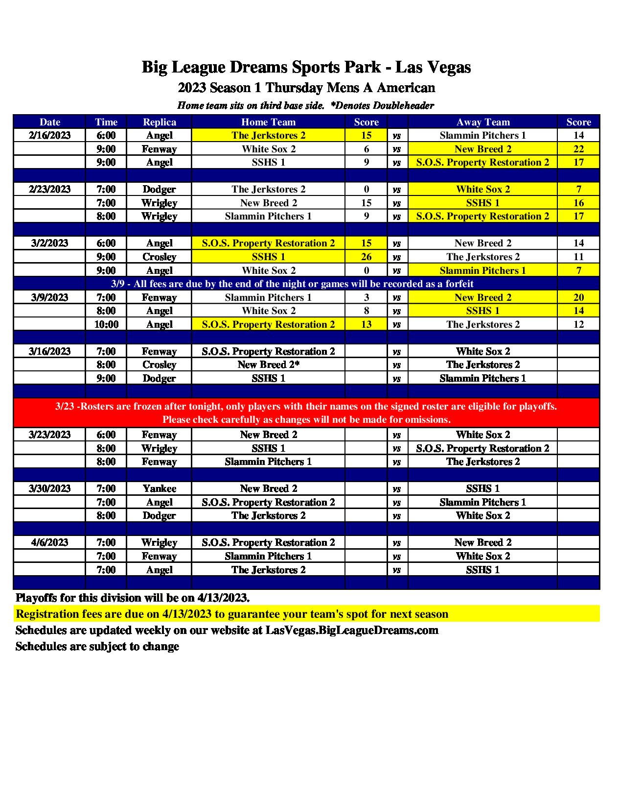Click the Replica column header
[x=159, y=122]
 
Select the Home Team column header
[x=268, y=122]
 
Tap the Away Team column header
[x=482, y=122]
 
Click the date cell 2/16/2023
[x=49, y=135]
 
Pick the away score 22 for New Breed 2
[x=578, y=149]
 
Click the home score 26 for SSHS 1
[x=366, y=257]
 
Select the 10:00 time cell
[x=106, y=324]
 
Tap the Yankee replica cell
[x=159, y=488]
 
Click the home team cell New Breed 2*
[x=268, y=365]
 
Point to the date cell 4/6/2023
[x=49, y=542]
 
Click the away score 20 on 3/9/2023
[x=578, y=297]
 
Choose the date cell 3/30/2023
[x=49, y=488]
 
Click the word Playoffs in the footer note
[x=35, y=598]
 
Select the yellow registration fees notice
[x=306, y=614]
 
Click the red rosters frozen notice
[x=306, y=413]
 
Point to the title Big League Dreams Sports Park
[x=306, y=67]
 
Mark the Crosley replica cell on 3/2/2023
[x=159, y=257]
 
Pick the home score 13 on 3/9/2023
[x=366, y=324]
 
